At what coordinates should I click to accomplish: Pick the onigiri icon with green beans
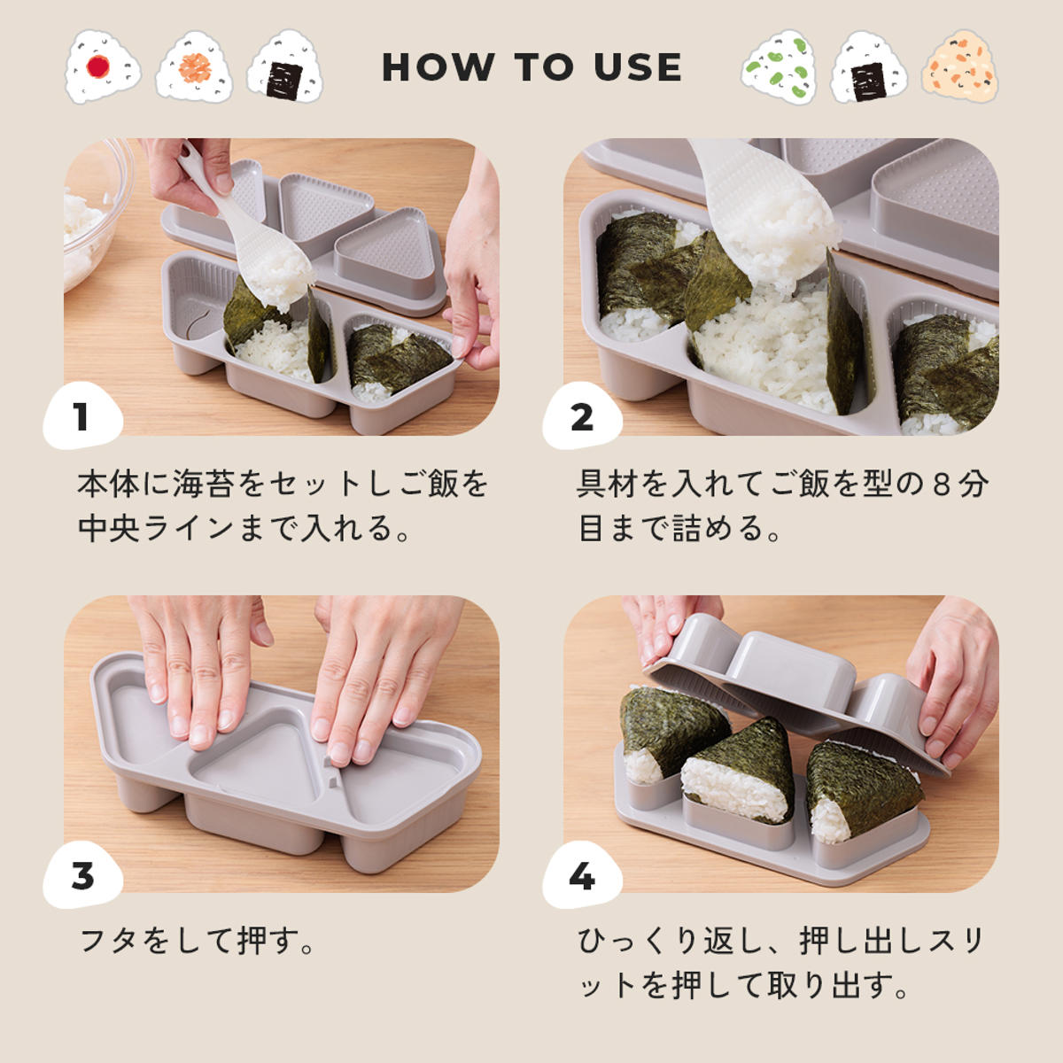click(x=779, y=67)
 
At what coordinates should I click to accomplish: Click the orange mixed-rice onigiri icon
click(x=960, y=67)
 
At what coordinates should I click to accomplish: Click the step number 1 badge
click(x=81, y=416)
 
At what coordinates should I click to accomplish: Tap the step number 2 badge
click(x=581, y=416)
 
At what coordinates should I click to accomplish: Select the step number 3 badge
click(x=81, y=876)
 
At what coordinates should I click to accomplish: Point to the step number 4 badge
click(x=581, y=876)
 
